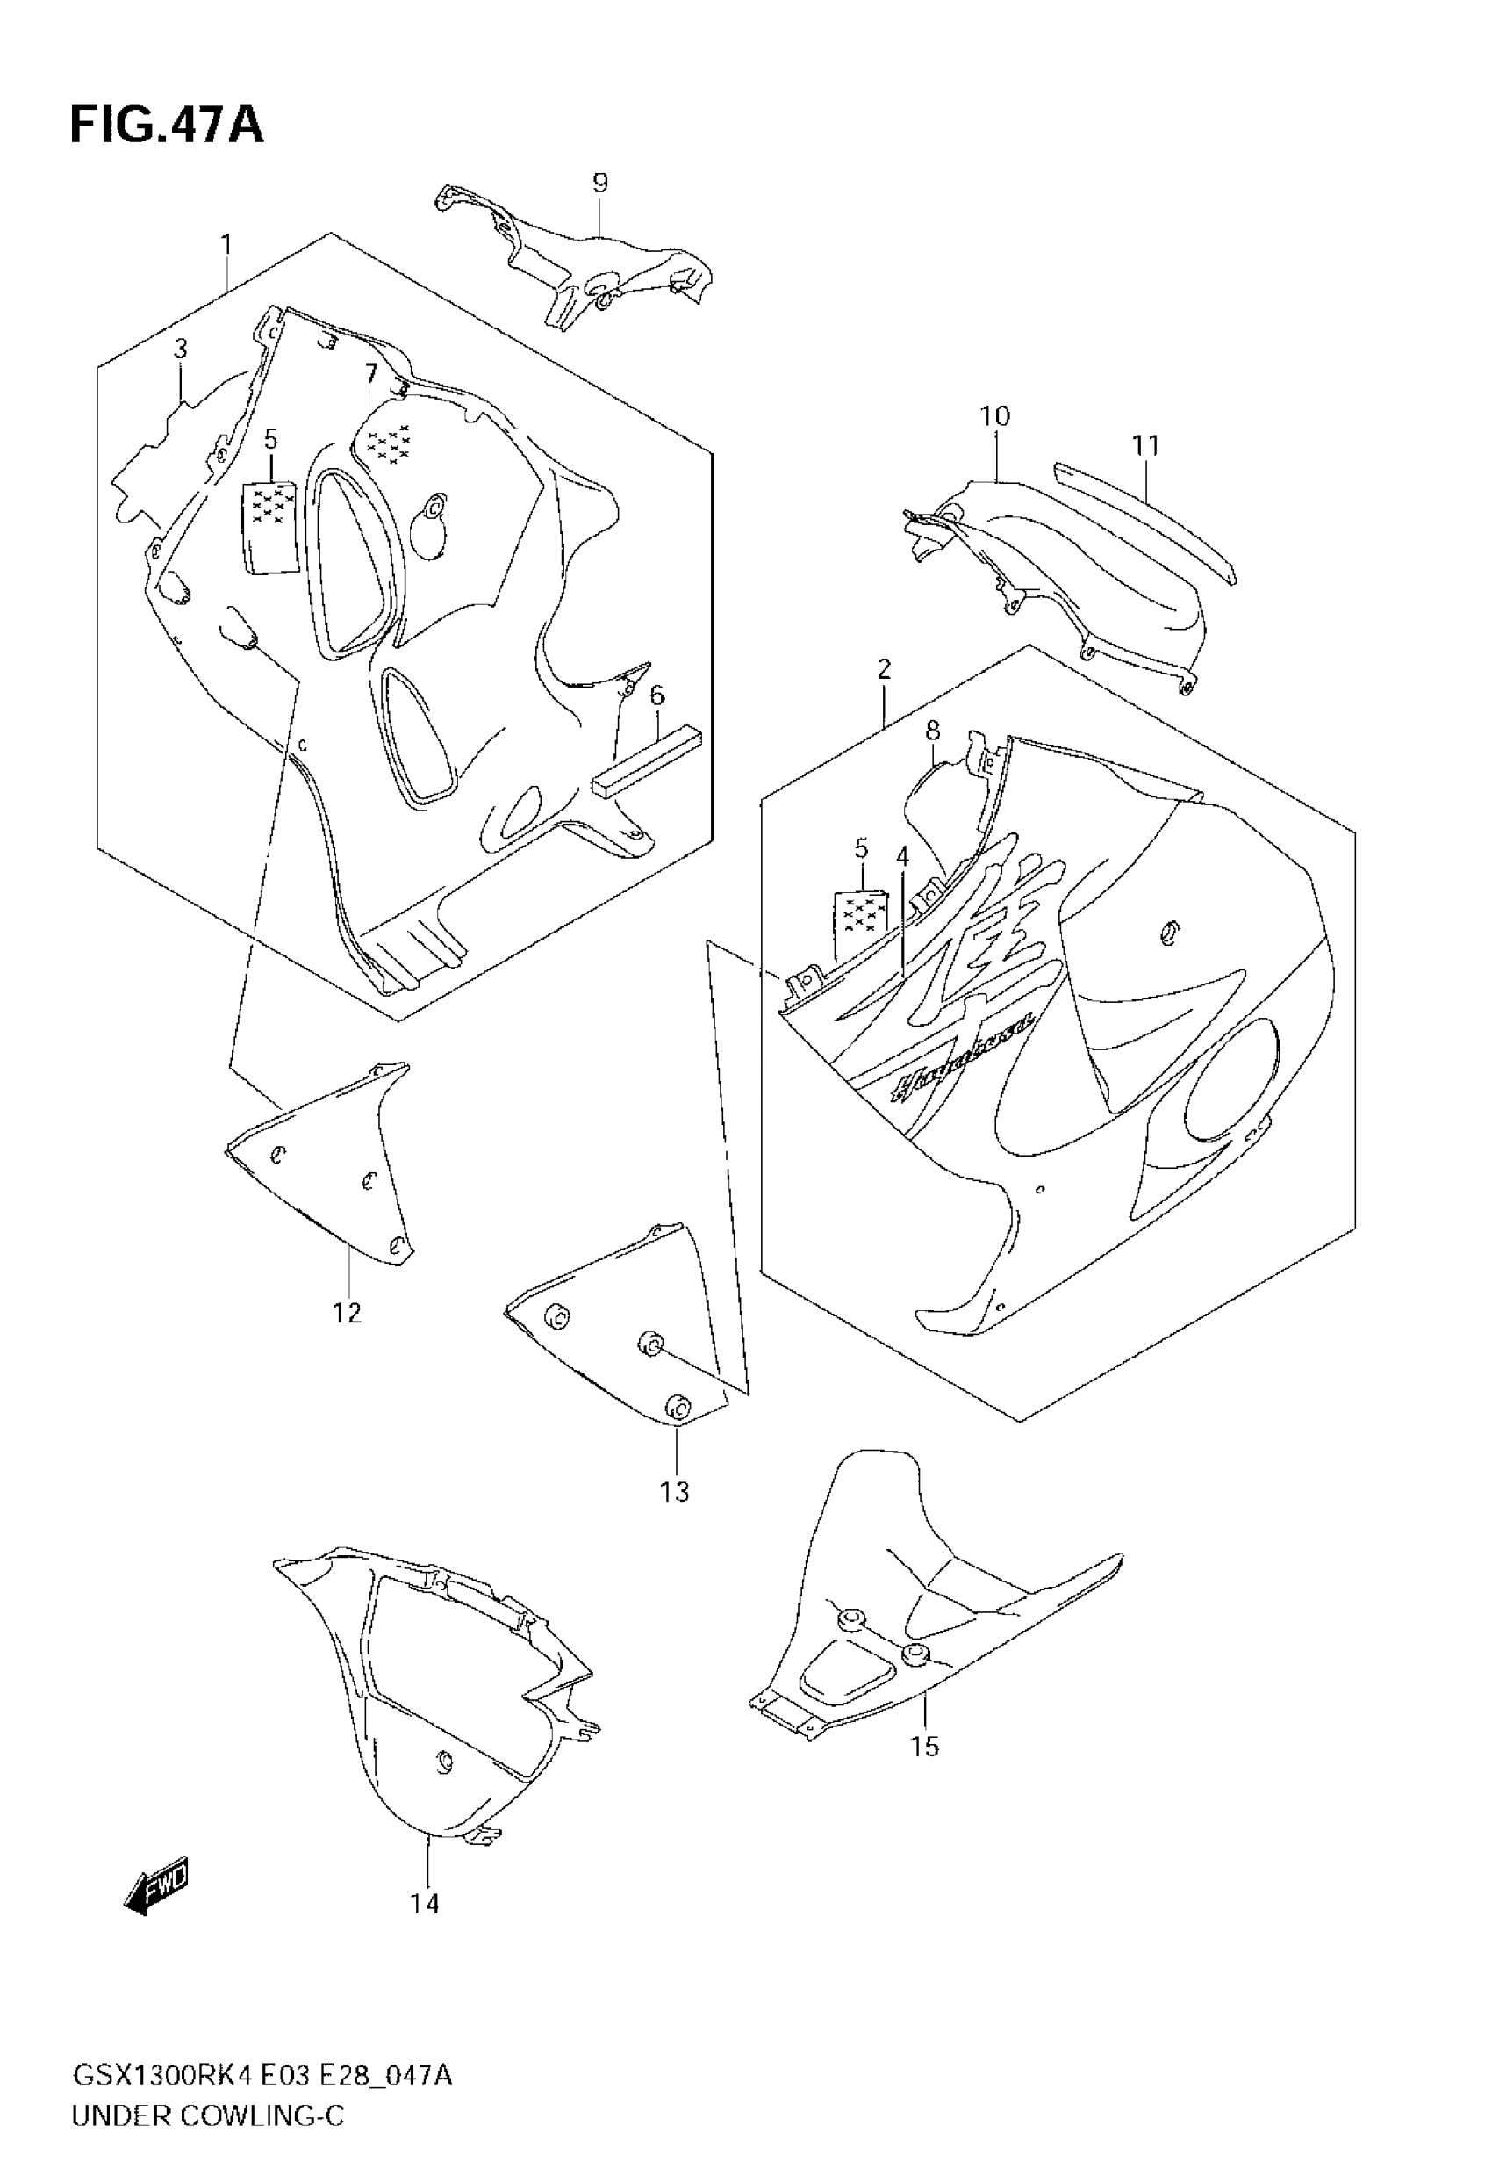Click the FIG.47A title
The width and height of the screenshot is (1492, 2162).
pos(167,126)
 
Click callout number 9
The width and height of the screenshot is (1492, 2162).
pos(600,184)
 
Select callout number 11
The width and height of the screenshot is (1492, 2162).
pos(1145,446)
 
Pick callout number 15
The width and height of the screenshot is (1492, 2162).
pos(924,1746)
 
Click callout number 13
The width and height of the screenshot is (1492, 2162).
pos(674,1491)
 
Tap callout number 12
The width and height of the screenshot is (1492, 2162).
pos(347,1313)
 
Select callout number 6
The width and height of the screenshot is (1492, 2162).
pos(657,695)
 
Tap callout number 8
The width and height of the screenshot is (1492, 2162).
pos(933,731)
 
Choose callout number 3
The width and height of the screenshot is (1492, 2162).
pos(181,349)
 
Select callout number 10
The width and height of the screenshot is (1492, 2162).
pos(994,416)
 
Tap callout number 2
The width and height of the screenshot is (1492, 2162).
pos(884,668)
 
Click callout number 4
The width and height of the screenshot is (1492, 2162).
pos(902,855)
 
